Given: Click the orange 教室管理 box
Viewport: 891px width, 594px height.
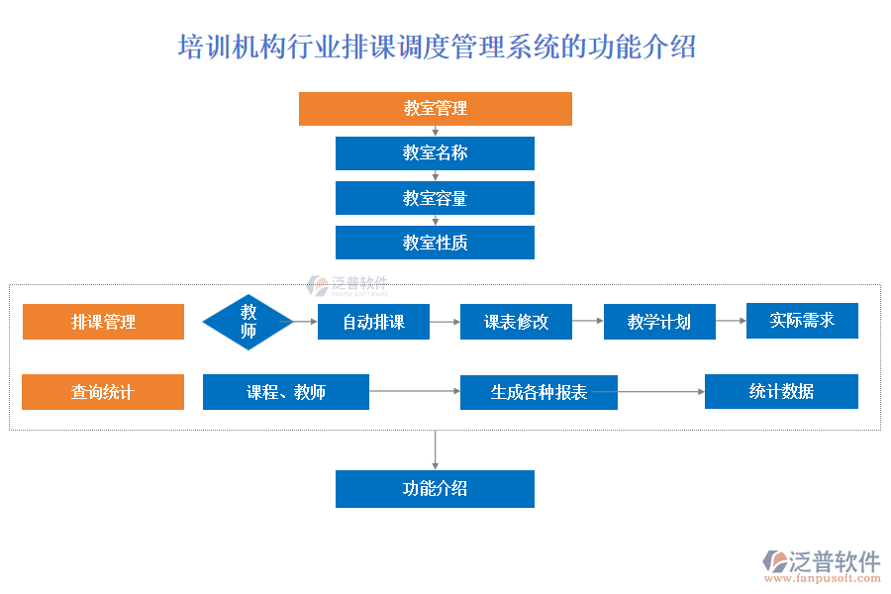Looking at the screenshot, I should (436, 109).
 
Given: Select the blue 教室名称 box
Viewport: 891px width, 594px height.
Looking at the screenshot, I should (435, 153).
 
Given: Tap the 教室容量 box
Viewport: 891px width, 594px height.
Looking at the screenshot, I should (435, 198).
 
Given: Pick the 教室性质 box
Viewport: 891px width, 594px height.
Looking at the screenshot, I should (435, 243).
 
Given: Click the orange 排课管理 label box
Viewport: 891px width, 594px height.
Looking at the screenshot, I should (103, 322).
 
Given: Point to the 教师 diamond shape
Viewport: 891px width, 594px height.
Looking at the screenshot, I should (248, 322).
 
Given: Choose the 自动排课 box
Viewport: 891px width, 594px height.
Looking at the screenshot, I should (373, 322).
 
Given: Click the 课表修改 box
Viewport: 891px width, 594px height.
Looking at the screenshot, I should (516, 322).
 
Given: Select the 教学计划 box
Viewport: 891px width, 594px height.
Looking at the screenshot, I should (659, 322).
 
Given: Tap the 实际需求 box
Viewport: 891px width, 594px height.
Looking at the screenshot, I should (802, 321).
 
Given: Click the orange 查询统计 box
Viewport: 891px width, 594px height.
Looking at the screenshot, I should (103, 392).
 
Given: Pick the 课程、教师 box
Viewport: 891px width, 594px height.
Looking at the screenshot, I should (286, 392).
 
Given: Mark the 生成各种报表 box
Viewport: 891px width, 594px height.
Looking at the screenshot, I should (539, 392).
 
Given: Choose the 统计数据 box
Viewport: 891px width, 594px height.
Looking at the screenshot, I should (781, 391).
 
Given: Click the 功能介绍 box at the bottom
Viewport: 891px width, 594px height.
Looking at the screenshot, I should (435, 489).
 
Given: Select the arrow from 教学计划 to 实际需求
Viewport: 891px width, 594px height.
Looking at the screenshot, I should (731, 321).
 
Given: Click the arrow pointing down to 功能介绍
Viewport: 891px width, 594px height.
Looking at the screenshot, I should (435, 449).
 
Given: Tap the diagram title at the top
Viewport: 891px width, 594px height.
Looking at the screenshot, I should (437, 47).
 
